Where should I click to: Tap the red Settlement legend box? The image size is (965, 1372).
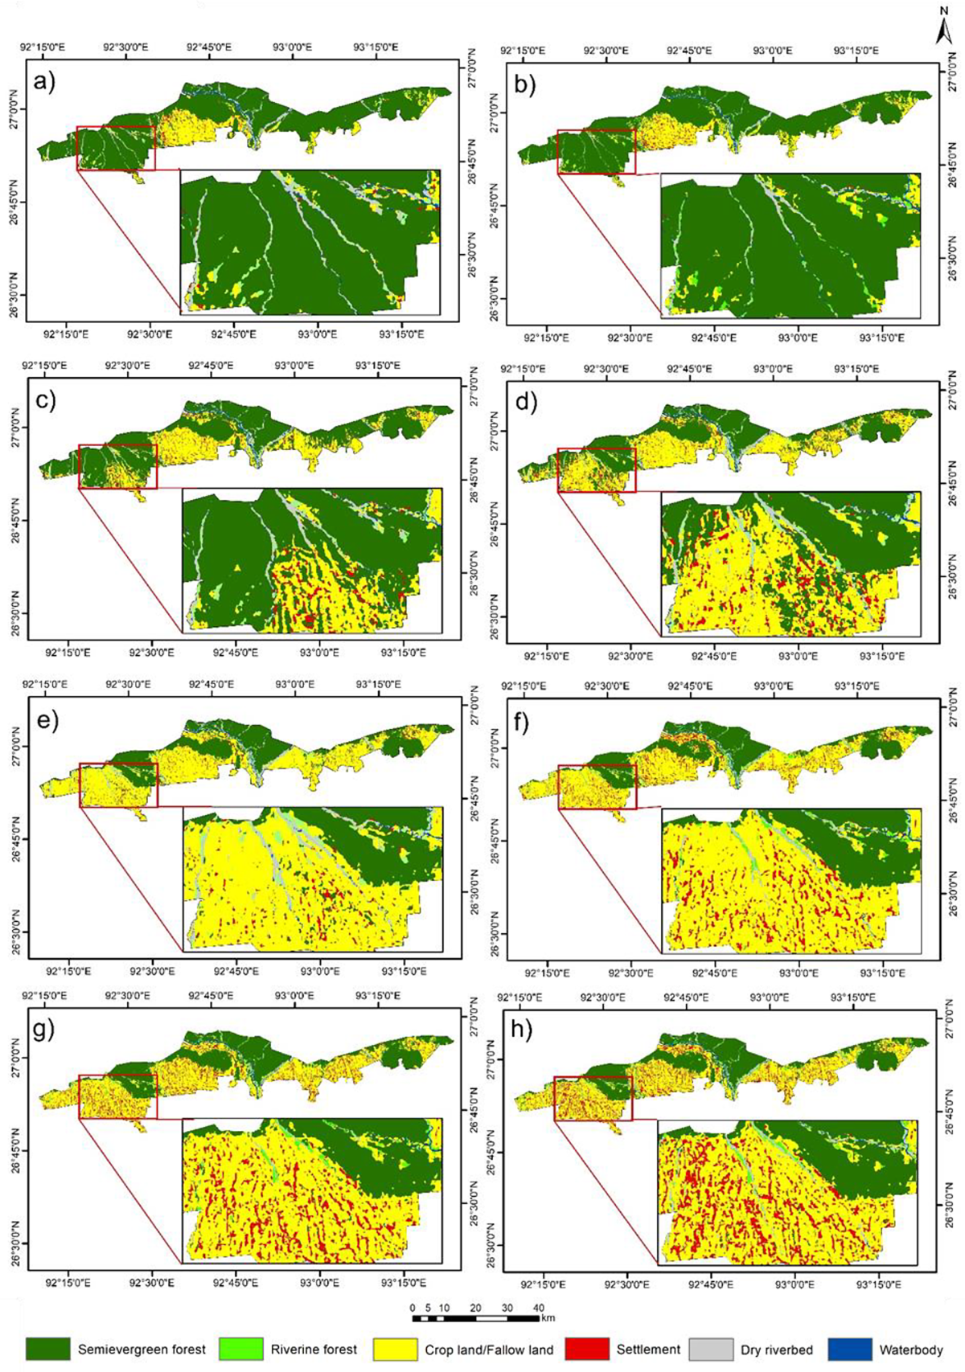588,1349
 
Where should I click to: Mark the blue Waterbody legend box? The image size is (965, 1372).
848,1349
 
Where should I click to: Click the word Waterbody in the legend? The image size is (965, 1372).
911,1349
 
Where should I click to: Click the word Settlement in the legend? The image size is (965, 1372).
648,1349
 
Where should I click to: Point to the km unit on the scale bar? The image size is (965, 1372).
548,1317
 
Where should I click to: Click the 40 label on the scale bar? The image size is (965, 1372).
538,1308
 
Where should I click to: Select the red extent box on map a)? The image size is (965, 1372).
116,148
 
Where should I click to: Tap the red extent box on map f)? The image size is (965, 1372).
597,787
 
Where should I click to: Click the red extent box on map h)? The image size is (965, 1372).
593,1099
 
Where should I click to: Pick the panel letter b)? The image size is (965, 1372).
525,84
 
